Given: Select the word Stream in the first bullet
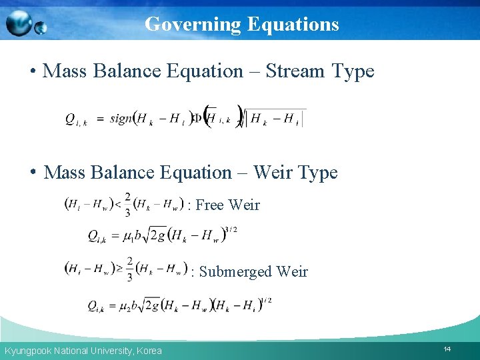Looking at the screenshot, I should pos(295,71).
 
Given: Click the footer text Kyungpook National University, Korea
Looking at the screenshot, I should pos(83,351).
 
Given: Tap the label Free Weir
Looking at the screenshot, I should pos(227,205).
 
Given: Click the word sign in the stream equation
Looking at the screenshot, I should pos(121,119).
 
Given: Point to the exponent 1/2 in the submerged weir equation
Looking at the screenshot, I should pos(267,301).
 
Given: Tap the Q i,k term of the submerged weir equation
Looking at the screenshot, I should pos(97,307).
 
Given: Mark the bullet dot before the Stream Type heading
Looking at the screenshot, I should pos(32,72).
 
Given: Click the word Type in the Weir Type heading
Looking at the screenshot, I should pos(317,173).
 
